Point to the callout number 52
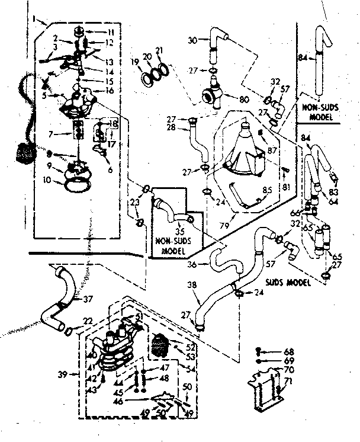(x=190, y=348)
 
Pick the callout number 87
(x=272, y=151)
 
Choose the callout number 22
(x=88, y=321)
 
